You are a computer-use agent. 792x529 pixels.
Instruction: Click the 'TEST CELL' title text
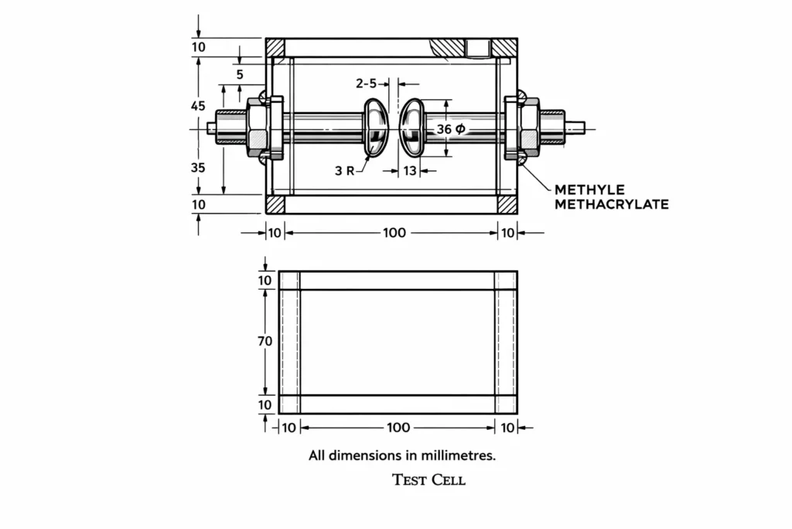pos(429,480)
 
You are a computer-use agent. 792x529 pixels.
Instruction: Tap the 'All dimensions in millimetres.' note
pos(402,456)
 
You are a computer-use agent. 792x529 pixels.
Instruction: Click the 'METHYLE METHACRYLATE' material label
pos(611,198)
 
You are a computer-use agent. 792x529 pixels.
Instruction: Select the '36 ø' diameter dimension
pos(451,129)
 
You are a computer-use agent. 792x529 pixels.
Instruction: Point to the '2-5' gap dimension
pos(367,83)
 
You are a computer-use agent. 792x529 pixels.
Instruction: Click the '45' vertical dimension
pos(198,106)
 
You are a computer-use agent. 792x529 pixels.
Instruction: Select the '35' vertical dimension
pos(198,167)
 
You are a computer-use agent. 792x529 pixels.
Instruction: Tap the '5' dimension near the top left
pos(240,75)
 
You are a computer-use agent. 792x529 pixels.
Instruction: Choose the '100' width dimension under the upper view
pos(394,232)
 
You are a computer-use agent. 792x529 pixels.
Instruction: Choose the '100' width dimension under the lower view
pos(398,428)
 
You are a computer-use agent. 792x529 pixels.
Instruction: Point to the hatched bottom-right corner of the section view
pos(507,204)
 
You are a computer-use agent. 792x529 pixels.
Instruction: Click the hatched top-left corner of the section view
pos(275,47)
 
